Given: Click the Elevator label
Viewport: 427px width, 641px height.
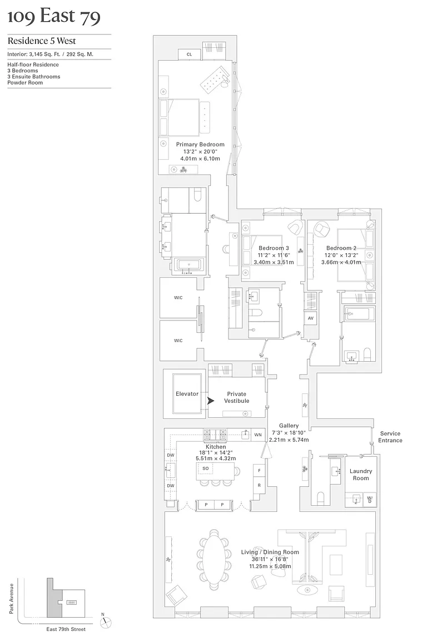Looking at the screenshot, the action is pos(187,394).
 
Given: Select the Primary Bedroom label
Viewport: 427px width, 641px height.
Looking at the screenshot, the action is pos(200,145).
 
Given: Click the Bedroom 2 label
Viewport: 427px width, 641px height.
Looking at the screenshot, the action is pos(341,248).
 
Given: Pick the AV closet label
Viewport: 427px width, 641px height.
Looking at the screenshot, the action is pos(310,319).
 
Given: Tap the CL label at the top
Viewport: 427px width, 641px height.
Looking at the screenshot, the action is pos(189,55).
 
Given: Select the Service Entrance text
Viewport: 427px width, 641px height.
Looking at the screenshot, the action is pos(390,437).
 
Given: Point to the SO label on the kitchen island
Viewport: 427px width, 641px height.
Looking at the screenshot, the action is pos(205,469).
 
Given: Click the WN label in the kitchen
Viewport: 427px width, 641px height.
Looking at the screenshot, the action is pos(257,435).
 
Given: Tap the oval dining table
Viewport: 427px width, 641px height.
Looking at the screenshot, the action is pos(214,560).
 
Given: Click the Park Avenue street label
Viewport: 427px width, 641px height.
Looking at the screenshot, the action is pos(11,598).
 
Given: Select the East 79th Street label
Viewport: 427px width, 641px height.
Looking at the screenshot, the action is pos(66,629).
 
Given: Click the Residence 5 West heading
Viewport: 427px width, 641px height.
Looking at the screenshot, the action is pos(42,41).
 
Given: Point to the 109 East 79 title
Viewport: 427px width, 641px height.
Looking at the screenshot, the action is pos(54,17).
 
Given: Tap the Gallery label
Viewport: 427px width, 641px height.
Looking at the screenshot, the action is pos(289,426).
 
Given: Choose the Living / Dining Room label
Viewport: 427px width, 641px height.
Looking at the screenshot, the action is pos(270,552).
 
